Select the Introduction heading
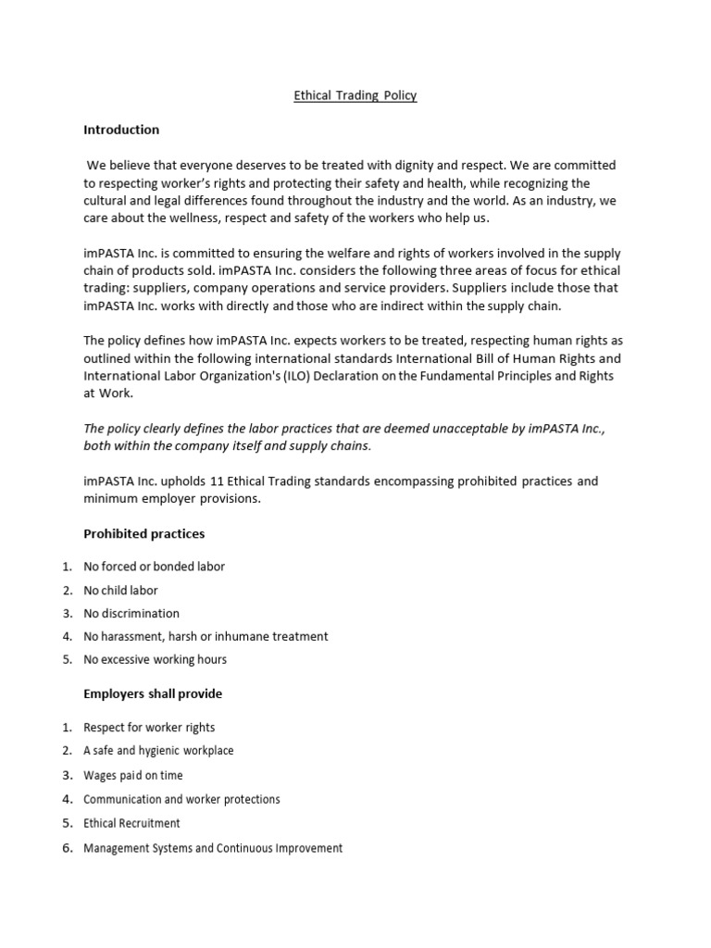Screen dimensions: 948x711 (121, 130)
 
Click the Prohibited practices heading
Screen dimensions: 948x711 (143, 534)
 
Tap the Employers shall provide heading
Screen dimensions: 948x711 (153, 693)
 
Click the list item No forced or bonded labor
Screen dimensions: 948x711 (154, 567)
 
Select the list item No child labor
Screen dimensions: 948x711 (120, 590)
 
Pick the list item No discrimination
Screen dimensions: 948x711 (131, 613)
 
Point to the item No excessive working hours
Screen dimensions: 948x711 (155, 659)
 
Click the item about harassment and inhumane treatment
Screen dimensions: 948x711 (206, 636)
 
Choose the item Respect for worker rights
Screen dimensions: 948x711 (149, 728)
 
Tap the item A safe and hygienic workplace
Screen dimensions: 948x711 (158, 751)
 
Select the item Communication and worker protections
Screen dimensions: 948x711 (181, 799)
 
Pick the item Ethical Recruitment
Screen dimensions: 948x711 (131, 823)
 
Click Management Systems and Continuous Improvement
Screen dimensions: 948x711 (213, 847)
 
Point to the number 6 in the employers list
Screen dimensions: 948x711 (67, 847)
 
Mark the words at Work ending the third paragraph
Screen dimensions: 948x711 (108, 393)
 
